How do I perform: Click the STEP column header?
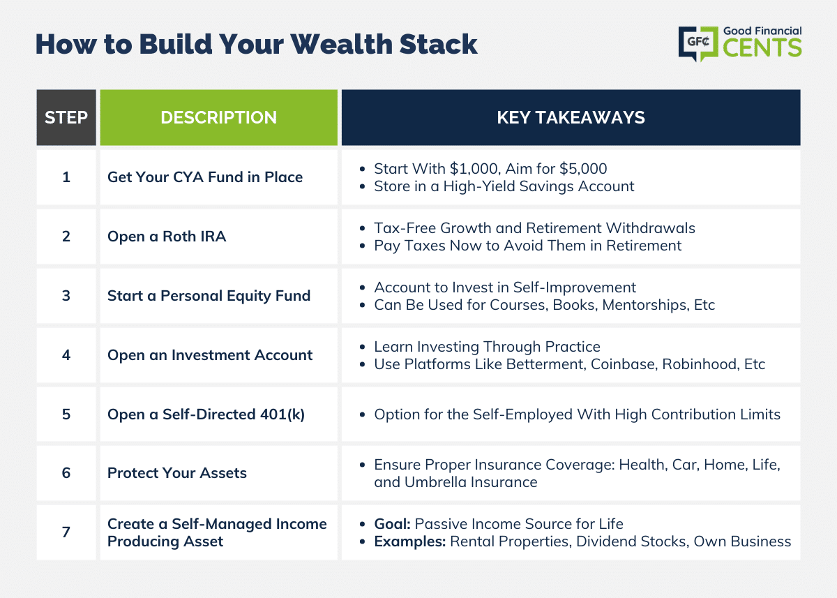tap(66, 117)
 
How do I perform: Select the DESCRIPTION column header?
tap(218, 117)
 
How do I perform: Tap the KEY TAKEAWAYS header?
tap(571, 117)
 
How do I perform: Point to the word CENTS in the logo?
tap(762, 48)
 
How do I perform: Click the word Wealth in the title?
tap(342, 44)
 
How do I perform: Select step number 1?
tap(66, 177)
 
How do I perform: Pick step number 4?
tap(66, 355)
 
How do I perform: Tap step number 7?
tap(66, 532)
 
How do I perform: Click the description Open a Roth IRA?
tap(167, 237)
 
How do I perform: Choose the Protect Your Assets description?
tap(177, 473)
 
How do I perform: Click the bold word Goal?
tap(392, 524)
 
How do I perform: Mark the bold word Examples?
tap(410, 541)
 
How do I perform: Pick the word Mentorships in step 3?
tap(645, 305)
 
